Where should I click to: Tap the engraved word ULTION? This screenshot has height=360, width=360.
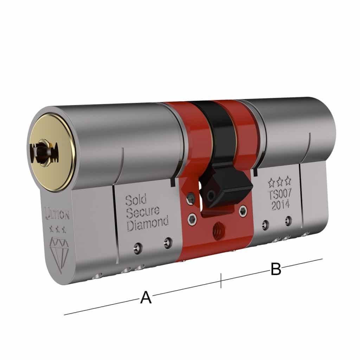click(x=56, y=214)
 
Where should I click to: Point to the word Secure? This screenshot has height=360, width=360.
click(x=143, y=212)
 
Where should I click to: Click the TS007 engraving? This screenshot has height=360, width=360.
click(x=280, y=194)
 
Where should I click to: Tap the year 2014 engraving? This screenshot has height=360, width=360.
click(x=280, y=205)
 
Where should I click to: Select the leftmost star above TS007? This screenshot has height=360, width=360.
click(x=271, y=182)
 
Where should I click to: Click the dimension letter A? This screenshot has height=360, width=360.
click(x=146, y=297)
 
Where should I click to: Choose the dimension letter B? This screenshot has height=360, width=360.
click(x=276, y=269)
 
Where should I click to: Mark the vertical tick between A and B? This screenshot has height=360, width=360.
click(x=221, y=281)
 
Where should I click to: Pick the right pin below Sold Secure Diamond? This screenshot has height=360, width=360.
click(x=168, y=242)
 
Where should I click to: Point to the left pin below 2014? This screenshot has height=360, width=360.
click(x=264, y=224)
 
